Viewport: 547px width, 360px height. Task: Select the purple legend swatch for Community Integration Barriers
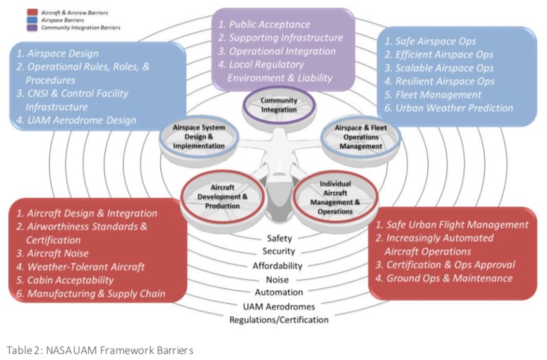point(31,28)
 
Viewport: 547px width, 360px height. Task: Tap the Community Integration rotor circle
point(279,105)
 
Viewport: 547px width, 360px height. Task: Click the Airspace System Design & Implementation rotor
point(199,137)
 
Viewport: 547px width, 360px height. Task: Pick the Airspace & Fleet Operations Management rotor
point(358,137)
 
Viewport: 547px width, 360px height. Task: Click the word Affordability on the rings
point(278,266)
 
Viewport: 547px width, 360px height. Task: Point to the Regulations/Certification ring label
point(278,319)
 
